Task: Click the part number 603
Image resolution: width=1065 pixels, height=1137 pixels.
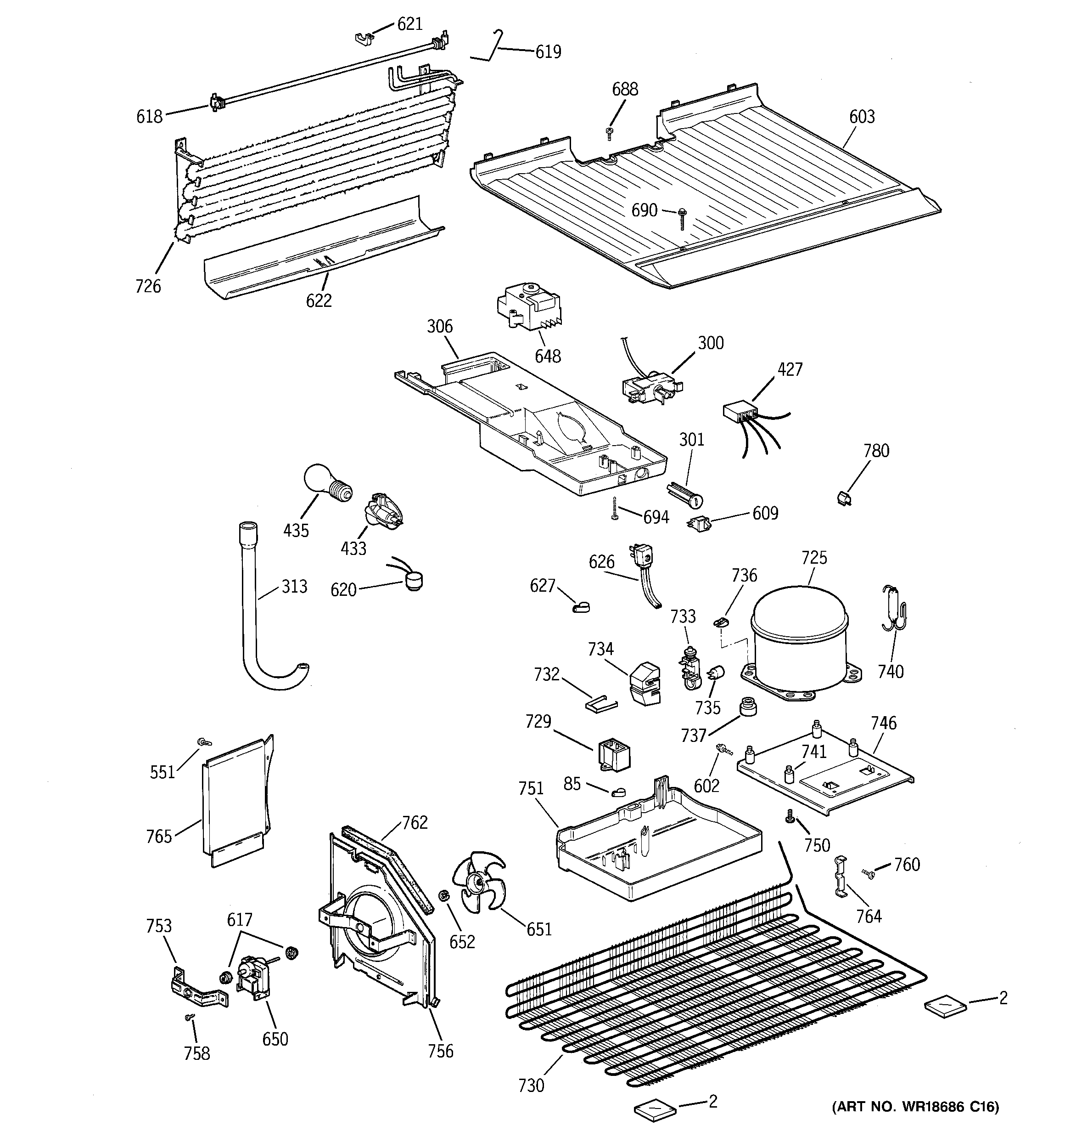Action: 862,117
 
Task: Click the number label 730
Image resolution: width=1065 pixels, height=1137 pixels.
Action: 531,1084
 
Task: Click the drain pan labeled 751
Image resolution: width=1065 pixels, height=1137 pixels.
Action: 657,847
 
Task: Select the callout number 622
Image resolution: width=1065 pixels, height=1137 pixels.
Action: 319,300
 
